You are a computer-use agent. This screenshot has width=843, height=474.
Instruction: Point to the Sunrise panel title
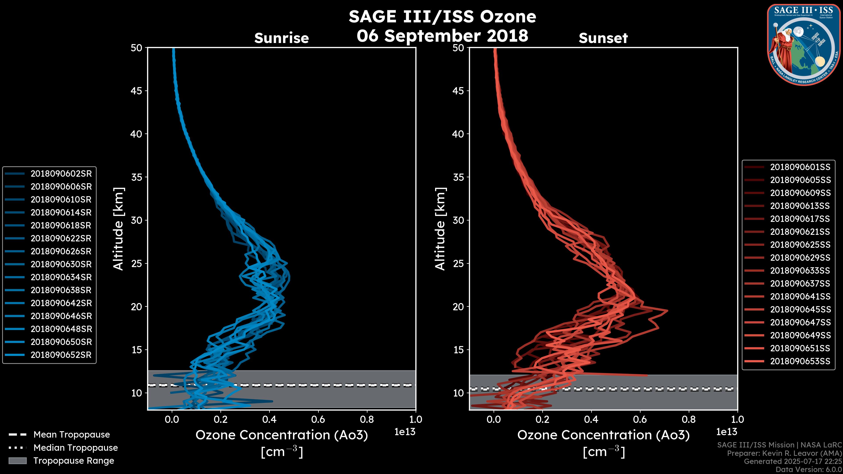(x=281, y=38)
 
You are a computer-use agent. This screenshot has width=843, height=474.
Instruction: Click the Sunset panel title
(x=603, y=38)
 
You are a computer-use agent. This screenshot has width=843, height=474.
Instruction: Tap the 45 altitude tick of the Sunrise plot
(x=137, y=91)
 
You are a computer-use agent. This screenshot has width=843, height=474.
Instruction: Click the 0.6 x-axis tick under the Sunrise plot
(x=318, y=419)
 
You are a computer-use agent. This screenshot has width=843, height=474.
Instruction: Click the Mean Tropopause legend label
(x=72, y=435)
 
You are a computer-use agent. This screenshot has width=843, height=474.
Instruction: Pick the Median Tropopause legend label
(x=76, y=448)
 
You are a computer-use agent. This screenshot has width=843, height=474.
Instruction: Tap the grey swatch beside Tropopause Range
(x=18, y=461)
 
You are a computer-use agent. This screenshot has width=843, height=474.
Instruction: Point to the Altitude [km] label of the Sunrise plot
(x=119, y=229)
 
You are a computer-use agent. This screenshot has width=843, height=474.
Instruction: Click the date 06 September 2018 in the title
(x=442, y=35)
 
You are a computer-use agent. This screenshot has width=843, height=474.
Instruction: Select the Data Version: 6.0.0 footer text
(x=809, y=470)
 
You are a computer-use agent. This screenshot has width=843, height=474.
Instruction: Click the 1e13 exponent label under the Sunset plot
(x=726, y=432)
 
